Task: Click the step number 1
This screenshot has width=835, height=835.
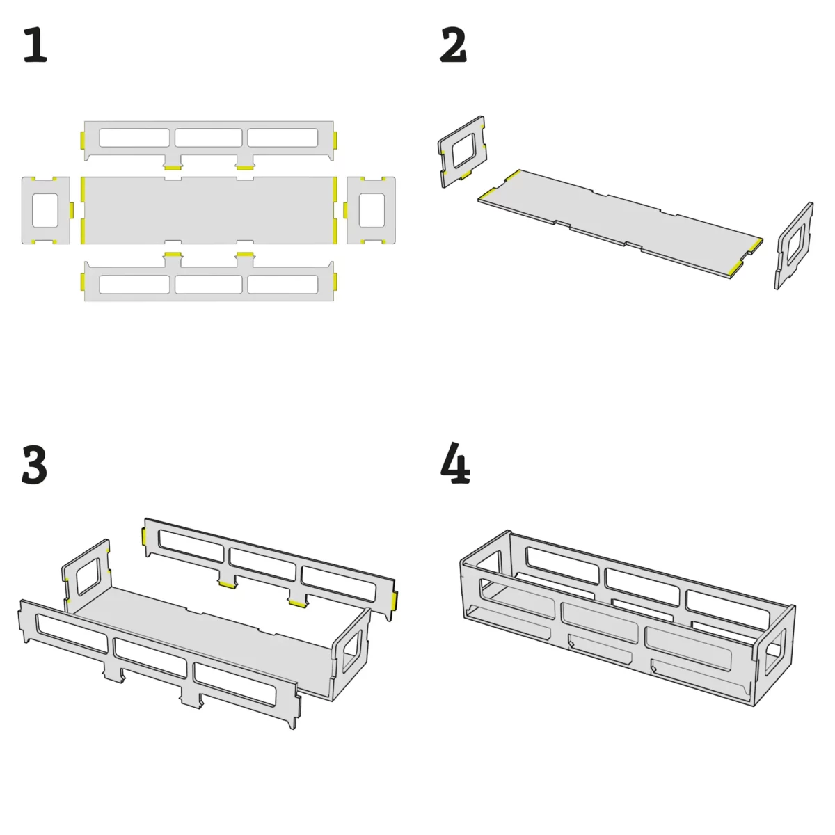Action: click(35, 45)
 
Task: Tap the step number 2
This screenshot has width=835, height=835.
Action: click(453, 45)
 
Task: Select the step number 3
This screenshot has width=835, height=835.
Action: click(34, 466)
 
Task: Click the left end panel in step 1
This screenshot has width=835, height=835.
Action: click(28, 210)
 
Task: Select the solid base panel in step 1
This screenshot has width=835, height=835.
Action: click(209, 210)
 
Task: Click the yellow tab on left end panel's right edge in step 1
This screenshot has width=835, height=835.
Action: click(72, 209)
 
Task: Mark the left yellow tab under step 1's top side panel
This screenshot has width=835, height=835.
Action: click(173, 168)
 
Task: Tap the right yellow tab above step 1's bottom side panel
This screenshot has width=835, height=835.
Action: click(245, 255)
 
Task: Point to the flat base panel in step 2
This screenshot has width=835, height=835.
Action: click(620, 223)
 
